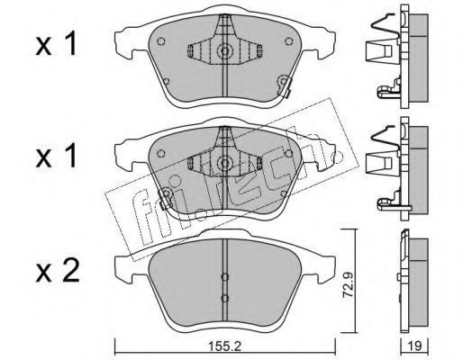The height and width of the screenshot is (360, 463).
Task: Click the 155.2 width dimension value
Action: click(x=224, y=346)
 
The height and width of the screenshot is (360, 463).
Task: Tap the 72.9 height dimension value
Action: click(x=348, y=283)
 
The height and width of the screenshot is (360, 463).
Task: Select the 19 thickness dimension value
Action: click(x=415, y=346)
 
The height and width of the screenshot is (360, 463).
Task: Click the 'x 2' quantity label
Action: click(x=58, y=272)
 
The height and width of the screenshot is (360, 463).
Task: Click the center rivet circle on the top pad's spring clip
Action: click(x=224, y=50)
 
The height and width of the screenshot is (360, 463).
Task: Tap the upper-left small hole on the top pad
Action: click(x=161, y=41)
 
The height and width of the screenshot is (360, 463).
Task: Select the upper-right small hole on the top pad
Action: click(x=289, y=41)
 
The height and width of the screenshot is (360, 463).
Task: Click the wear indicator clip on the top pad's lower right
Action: click(x=284, y=85)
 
